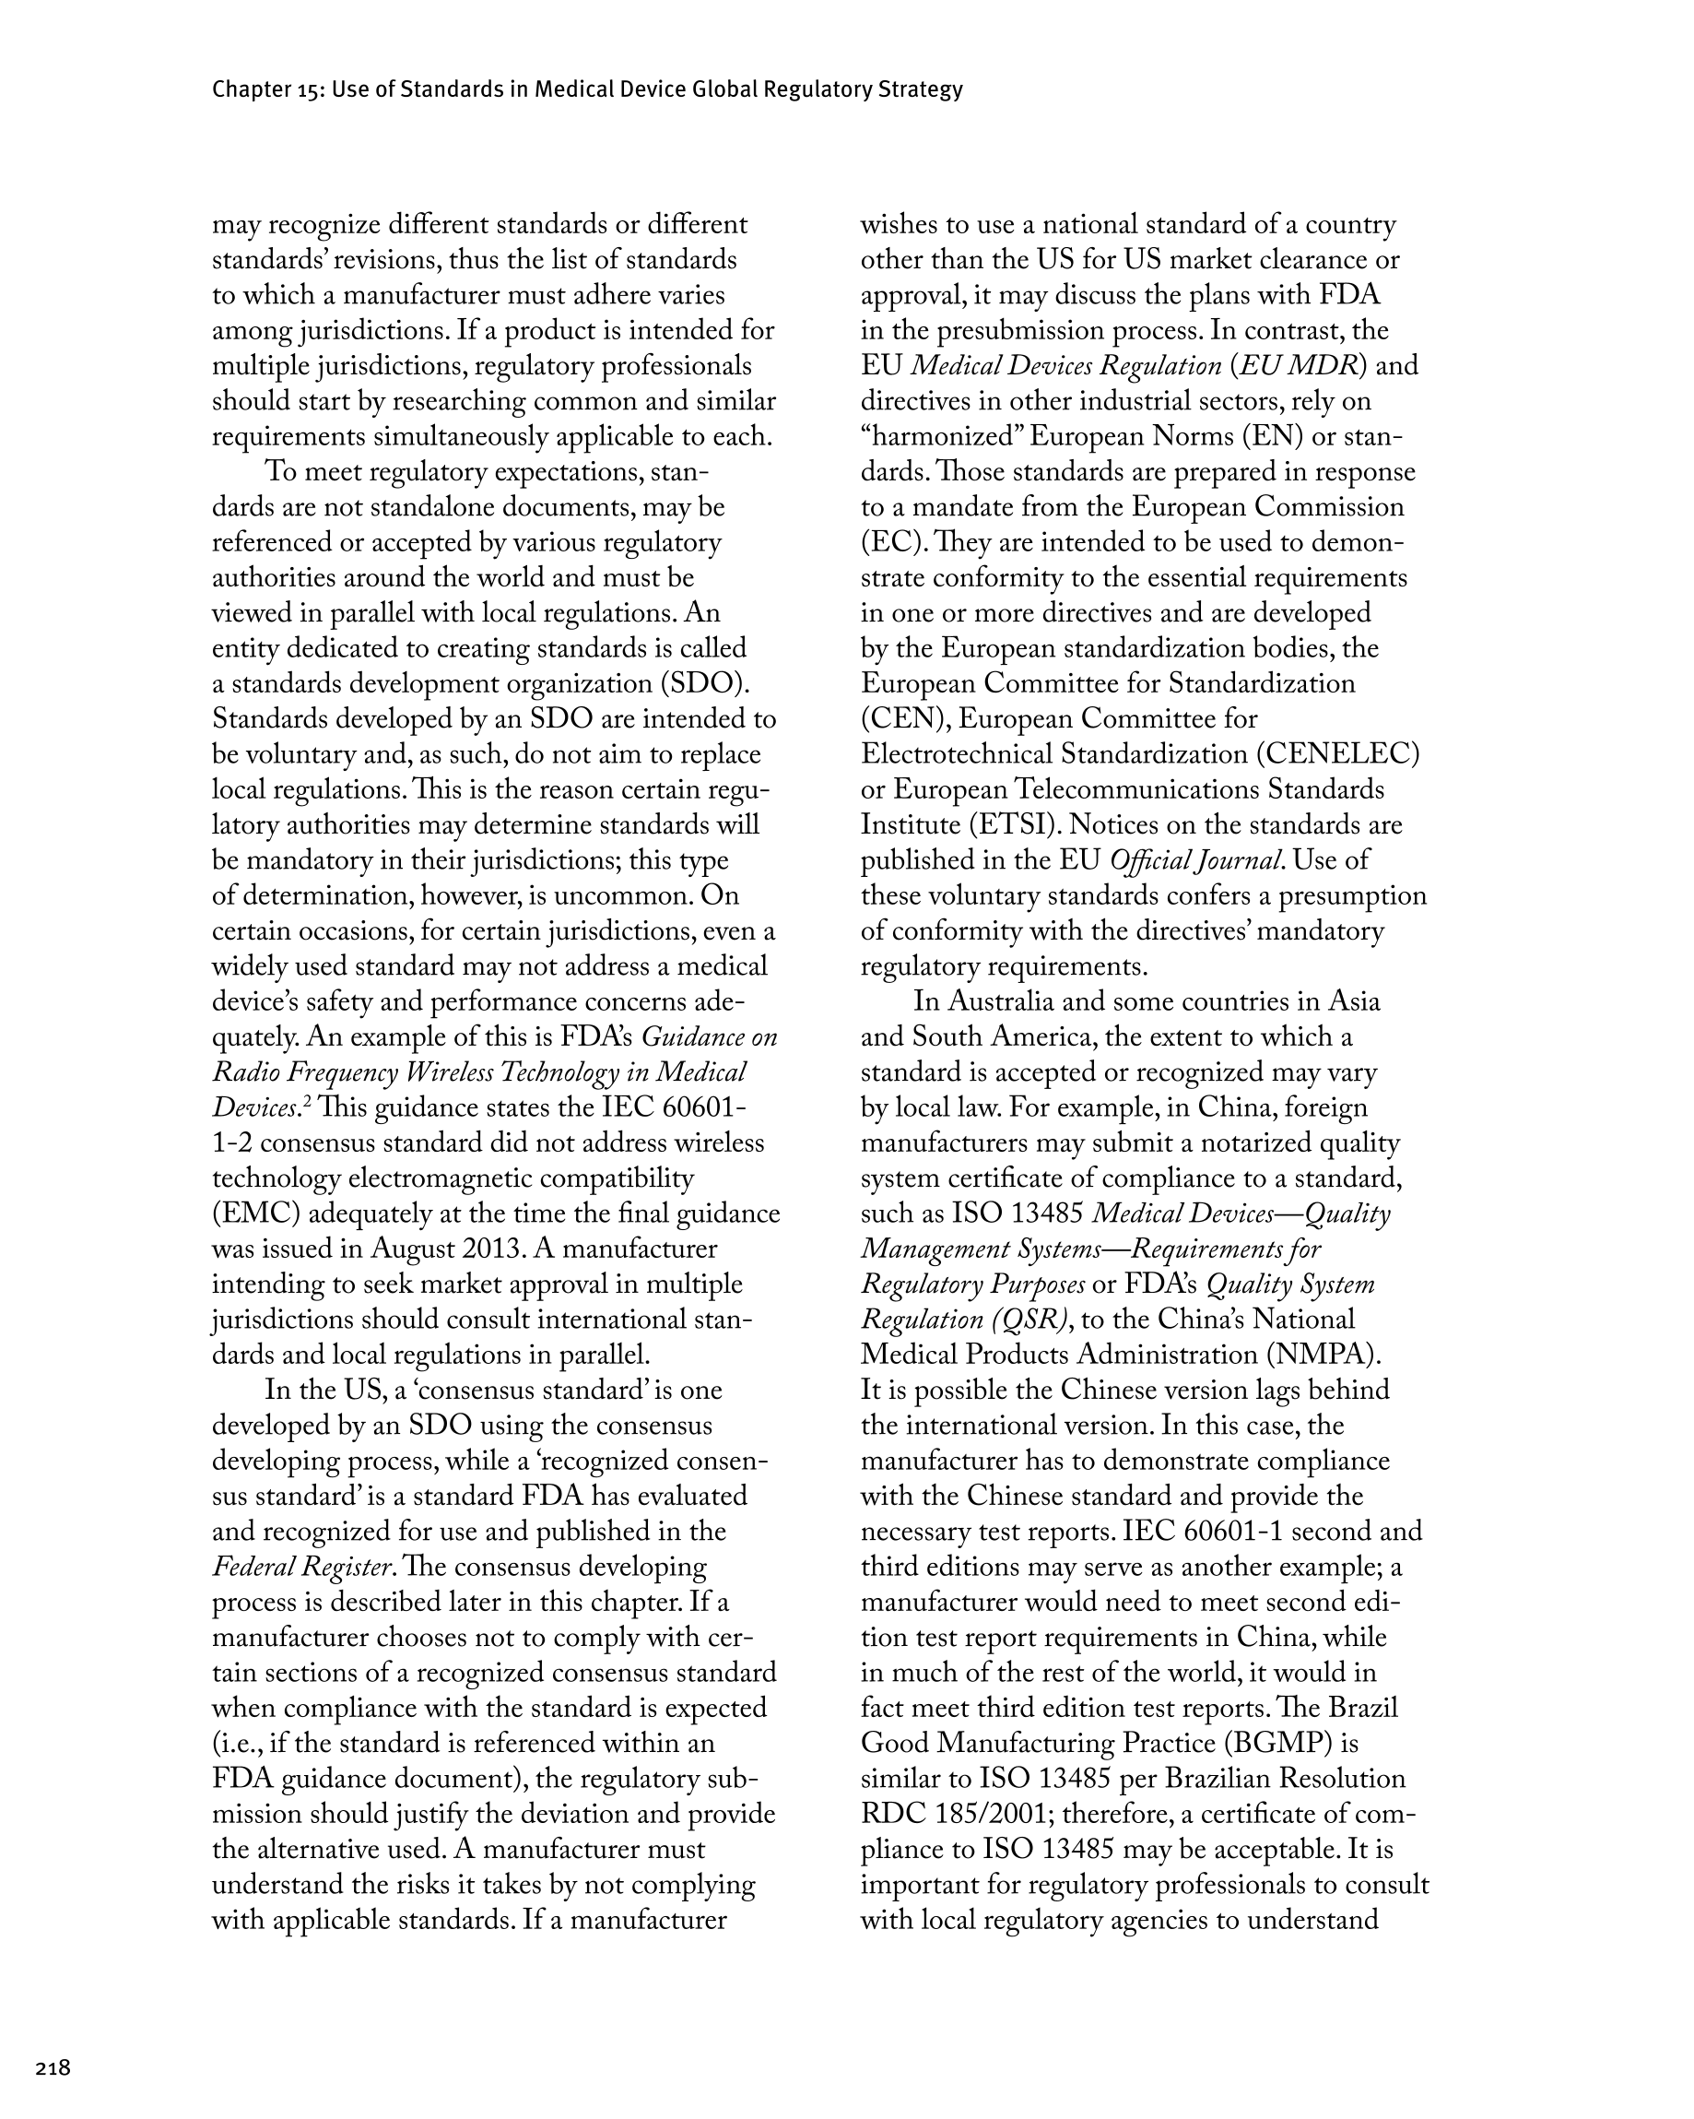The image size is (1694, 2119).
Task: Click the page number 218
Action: pos(53,2068)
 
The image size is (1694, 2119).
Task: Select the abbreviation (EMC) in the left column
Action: pos(256,1213)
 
